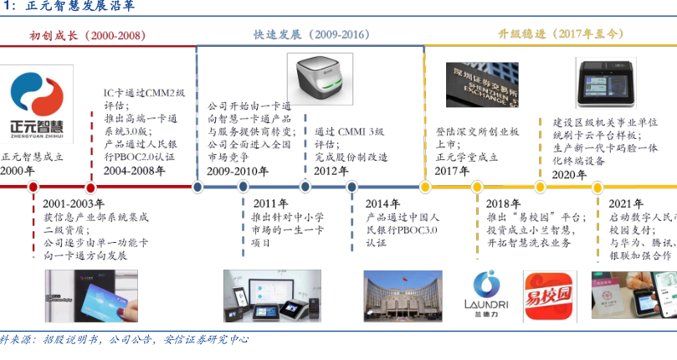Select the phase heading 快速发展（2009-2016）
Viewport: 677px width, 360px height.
tap(310, 35)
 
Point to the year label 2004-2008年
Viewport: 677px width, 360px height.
tap(134, 171)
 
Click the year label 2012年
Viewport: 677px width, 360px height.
tap(331, 171)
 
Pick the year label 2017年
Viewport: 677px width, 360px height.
tap(452, 171)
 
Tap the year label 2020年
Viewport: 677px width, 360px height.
tap(570, 174)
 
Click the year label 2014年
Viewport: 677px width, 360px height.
tap(382, 203)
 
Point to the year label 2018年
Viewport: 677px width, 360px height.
tap(504, 203)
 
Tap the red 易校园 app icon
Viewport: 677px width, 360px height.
tap(550, 298)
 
